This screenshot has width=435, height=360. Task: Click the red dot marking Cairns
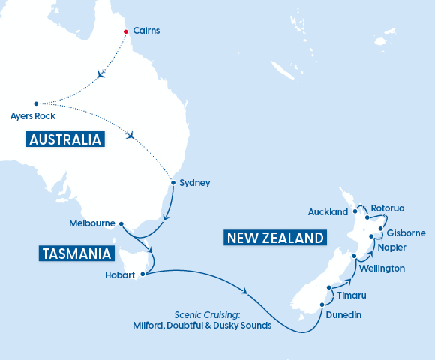[x=125, y=31]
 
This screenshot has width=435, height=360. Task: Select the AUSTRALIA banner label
[x=64, y=139]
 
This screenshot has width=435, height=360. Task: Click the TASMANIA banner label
[x=76, y=253]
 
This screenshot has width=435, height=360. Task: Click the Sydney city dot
[x=173, y=182]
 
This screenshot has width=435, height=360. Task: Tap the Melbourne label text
[x=91, y=223]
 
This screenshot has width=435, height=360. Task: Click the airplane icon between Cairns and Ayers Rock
[x=102, y=75]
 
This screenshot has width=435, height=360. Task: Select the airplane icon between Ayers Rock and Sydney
[x=132, y=136]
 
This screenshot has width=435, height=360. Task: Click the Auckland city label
[x=328, y=212]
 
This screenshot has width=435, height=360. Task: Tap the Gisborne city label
[x=406, y=233]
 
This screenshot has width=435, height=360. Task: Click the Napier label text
[x=393, y=247]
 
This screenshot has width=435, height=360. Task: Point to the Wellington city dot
[x=354, y=256]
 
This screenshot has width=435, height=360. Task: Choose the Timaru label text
[x=352, y=296]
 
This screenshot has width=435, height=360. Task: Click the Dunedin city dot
[x=322, y=304]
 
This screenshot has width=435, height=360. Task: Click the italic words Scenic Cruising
[x=205, y=315]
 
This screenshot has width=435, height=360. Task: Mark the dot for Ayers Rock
[x=36, y=103]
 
